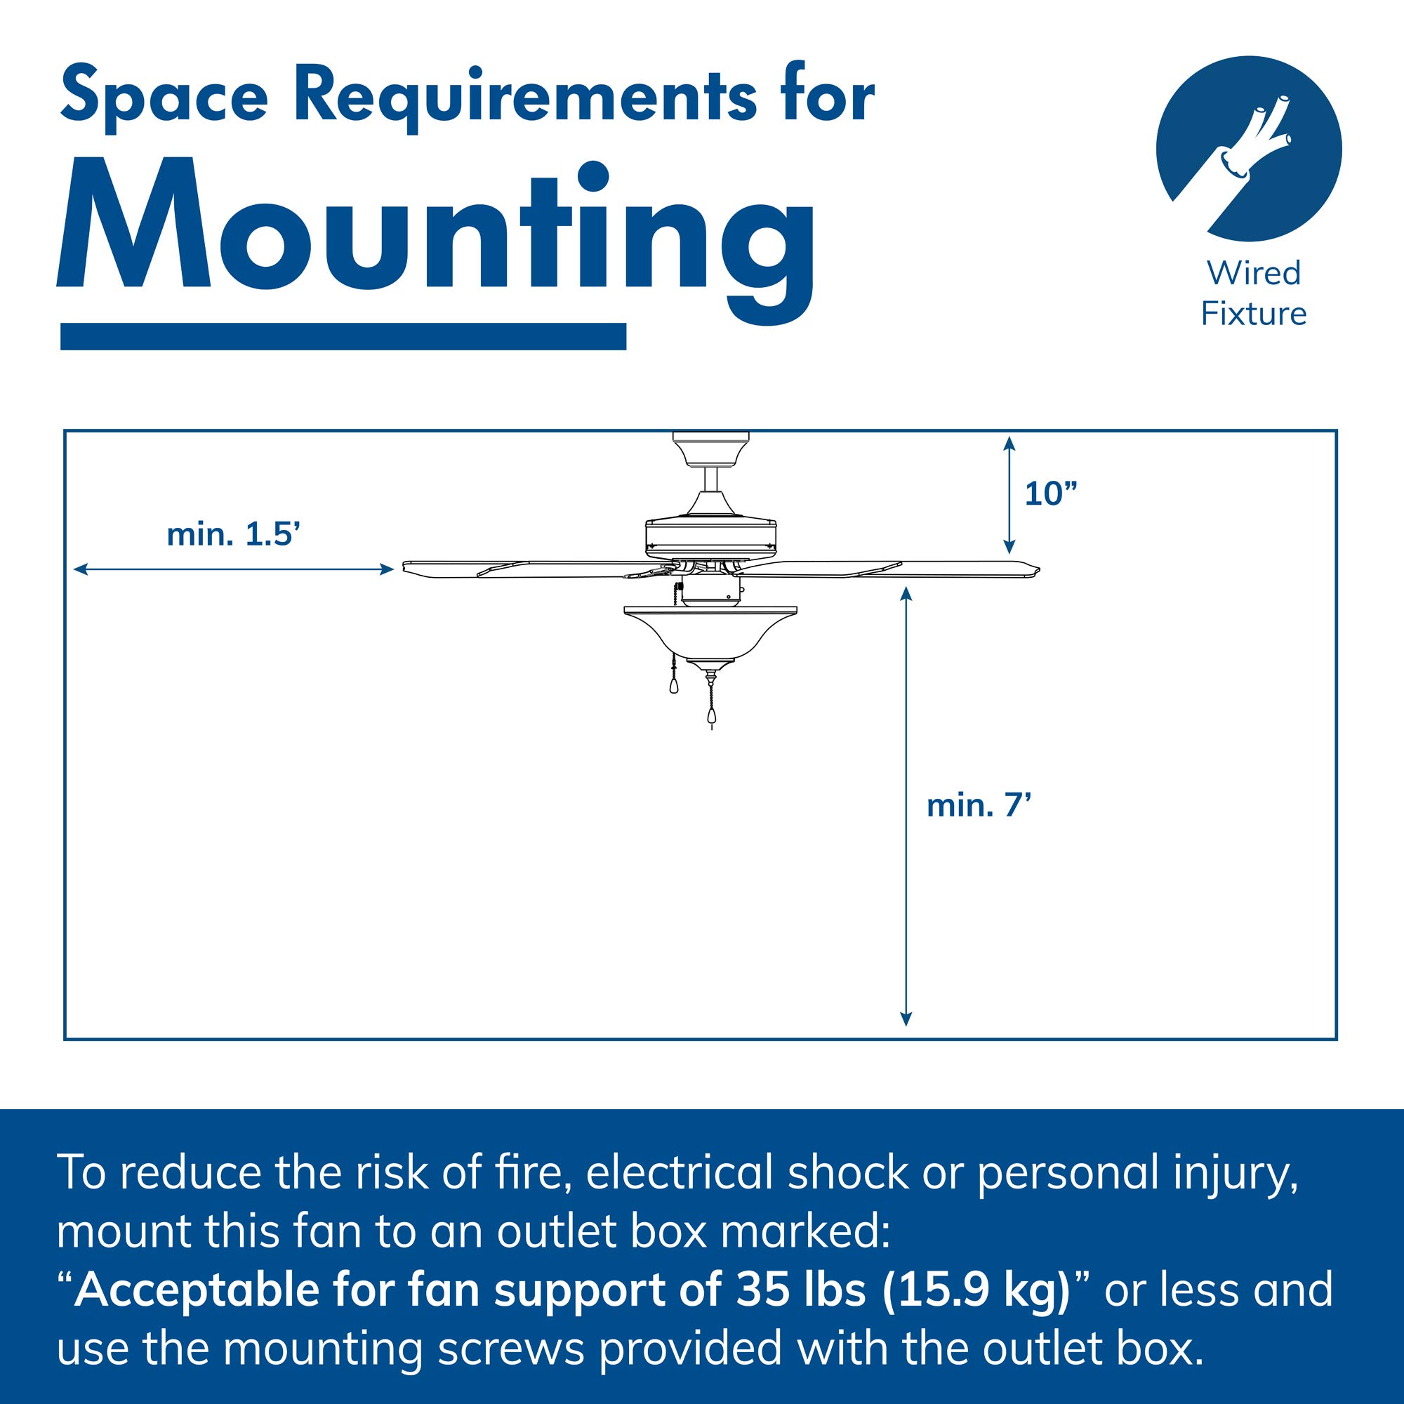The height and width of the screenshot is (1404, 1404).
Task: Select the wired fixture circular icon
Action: coord(1248,149)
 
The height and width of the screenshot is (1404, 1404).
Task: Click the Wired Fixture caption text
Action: coord(1254,293)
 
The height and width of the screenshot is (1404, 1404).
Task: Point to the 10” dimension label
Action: coord(1050,494)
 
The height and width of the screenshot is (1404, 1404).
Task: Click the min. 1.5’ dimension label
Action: coord(234,535)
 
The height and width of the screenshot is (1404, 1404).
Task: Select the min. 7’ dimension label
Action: coord(979,806)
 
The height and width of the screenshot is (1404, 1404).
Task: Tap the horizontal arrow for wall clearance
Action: coord(233,570)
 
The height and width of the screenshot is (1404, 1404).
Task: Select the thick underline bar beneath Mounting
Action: coord(343,336)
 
